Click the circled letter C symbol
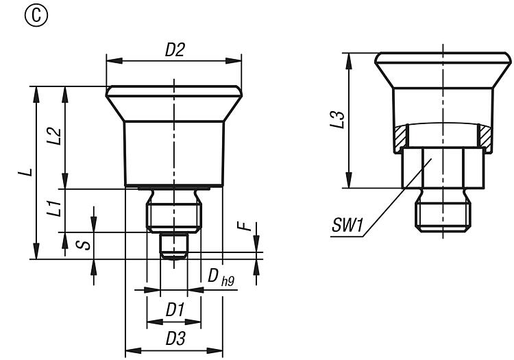point(36,15)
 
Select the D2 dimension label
point(175,50)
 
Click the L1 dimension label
point(53,208)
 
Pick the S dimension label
point(83,245)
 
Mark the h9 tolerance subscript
point(228,281)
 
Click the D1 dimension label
point(175,309)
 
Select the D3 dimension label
point(175,338)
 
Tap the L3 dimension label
point(337,120)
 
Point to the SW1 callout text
point(347,226)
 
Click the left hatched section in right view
point(400,137)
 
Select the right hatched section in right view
point(485,137)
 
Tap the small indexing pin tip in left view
point(174,246)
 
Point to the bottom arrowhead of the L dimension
point(36,251)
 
